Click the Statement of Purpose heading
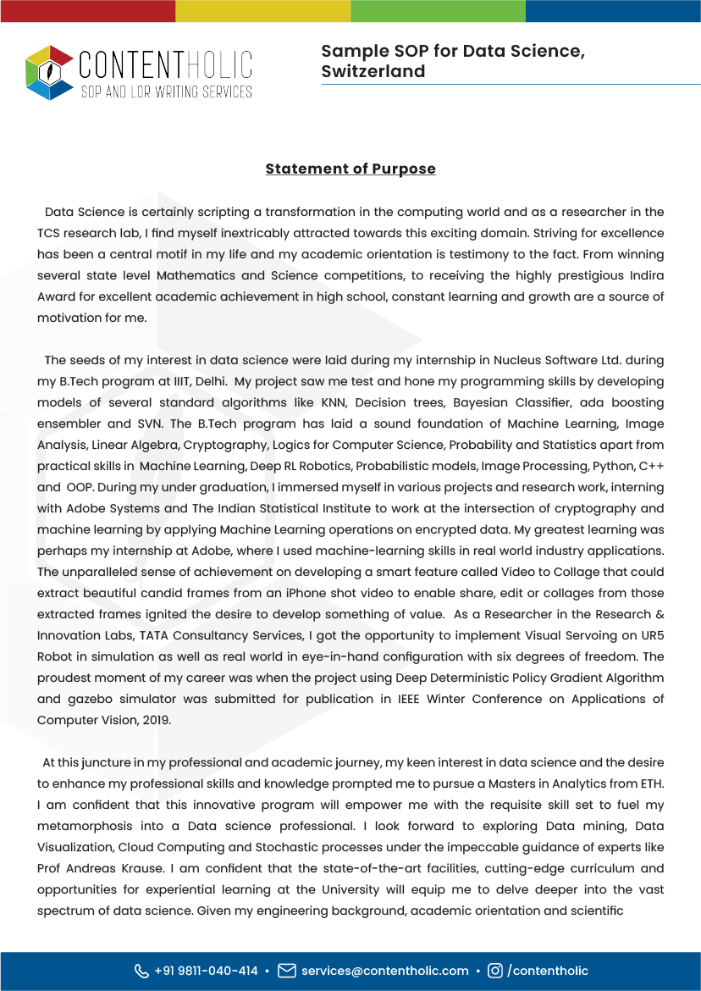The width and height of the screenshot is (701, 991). coord(350,169)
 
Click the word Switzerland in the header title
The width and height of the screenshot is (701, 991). coord(373,72)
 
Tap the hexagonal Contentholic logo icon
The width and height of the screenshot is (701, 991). coord(49,73)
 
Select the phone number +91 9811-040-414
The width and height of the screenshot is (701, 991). coord(206,971)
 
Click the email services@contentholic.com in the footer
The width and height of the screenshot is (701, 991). coord(384,971)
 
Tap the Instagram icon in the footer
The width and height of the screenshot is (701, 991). coord(495,971)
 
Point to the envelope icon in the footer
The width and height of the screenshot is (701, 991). coord(287,971)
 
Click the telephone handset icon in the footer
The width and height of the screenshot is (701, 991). coord(141,971)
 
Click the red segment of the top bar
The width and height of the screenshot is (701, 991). coord(87,11)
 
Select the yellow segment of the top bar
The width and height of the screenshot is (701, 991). coord(262,11)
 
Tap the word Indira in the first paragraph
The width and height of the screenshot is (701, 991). coord(642,275)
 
